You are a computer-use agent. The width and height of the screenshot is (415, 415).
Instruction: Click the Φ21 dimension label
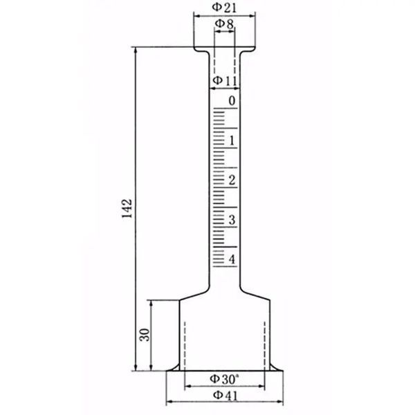[x=224, y=8]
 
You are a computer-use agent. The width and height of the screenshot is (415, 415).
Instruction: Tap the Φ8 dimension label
[x=224, y=24]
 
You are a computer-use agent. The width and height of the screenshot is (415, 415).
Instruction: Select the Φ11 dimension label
[x=225, y=80]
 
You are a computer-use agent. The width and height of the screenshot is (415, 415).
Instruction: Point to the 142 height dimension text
[x=127, y=208]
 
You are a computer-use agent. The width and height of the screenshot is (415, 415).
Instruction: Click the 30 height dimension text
[x=145, y=335]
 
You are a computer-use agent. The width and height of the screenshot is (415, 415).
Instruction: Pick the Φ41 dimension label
[x=225, y=396]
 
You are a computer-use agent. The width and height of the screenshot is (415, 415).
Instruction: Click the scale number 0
[x=232, y=101]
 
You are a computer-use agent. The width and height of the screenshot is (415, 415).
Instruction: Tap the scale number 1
[x=232, y=140]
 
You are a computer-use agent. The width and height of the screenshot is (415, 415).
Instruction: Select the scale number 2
[x=232, y=180]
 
